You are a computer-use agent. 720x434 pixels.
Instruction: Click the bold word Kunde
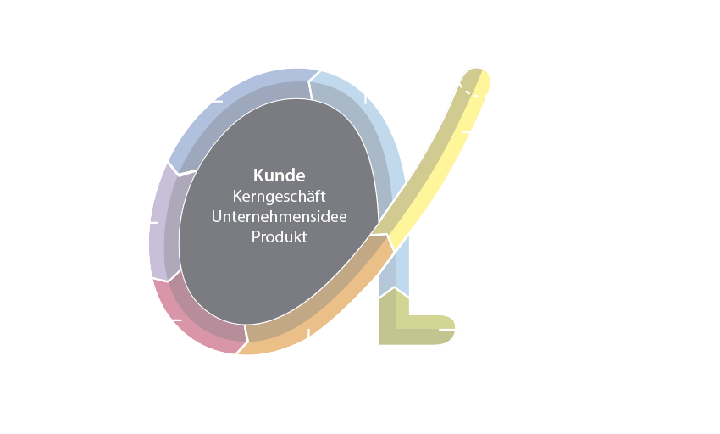pyautogui.click(x=279, y=177)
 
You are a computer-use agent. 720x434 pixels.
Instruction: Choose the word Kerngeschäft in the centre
pyautogui.click(x=279, y=197)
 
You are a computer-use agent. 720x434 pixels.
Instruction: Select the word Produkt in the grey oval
pyautogui.click(x=279, y=236)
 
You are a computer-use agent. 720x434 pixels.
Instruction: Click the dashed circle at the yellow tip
pyautogui.click(x=480, y=70)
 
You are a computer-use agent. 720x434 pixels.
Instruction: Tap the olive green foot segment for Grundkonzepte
pyautogui.click(x=407, y=322)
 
